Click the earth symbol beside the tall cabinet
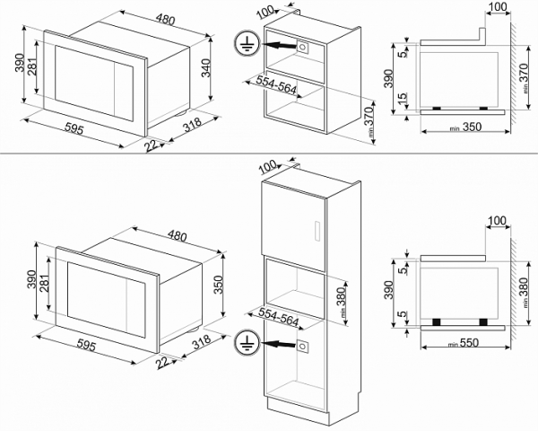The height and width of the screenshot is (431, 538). [x=245, y=342]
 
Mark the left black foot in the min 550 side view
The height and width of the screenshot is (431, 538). [x=436, y=321]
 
